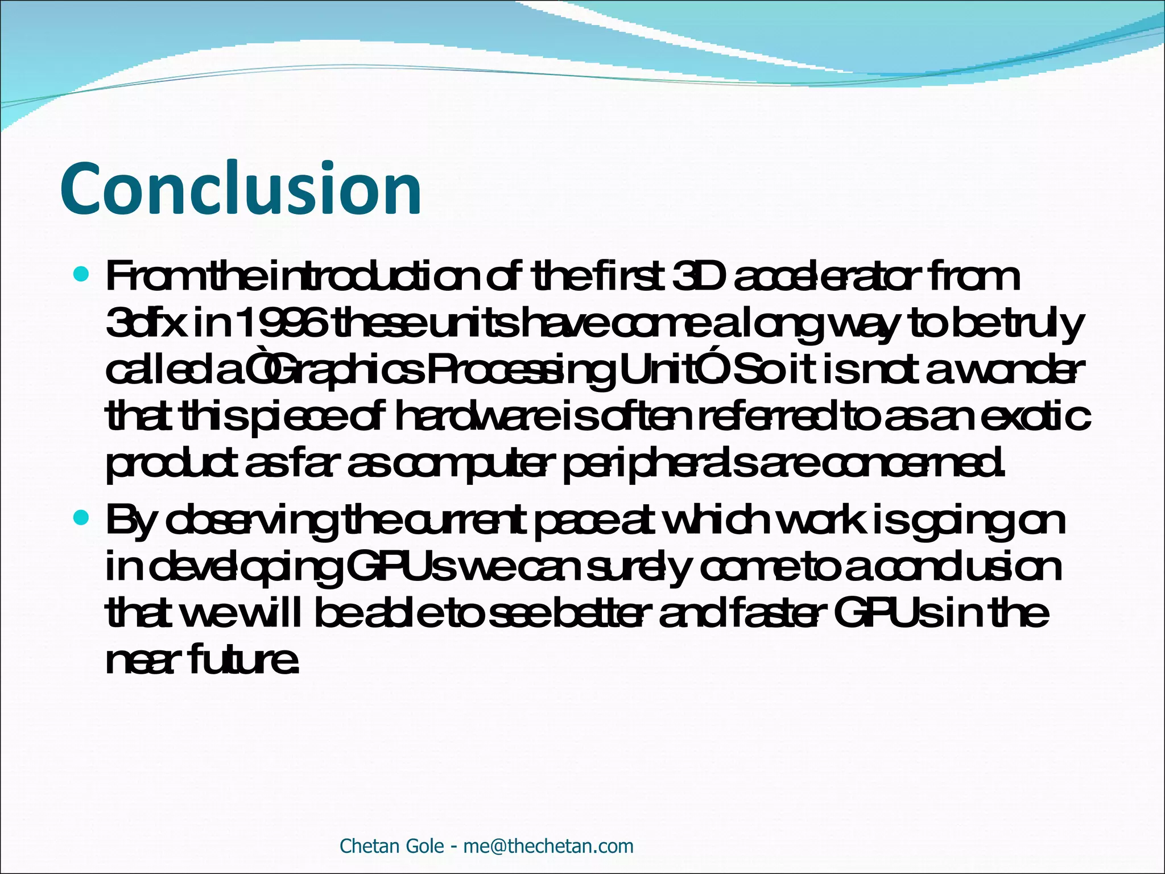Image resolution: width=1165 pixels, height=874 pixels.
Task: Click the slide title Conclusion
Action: click(x=241, y=189)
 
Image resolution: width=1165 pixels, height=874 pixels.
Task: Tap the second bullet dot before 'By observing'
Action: click(x=82, y=518)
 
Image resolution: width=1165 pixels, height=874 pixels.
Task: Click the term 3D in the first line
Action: click(x=699, y=277)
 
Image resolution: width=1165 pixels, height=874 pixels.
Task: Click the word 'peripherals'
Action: click(x=660, y=465)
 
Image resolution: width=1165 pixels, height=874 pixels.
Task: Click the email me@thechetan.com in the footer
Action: click(x=548, y=846)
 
